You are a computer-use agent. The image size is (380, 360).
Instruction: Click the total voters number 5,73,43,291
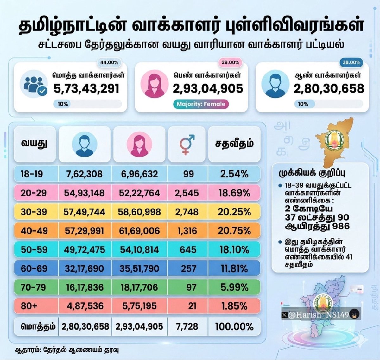pos(86,88)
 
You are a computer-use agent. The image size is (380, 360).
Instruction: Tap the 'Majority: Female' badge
pos(201,104)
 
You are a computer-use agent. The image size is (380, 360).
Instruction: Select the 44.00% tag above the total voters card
pos(109,62)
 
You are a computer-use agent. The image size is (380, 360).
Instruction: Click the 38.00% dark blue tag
pos(351,62)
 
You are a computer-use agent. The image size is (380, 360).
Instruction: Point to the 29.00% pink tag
pos(230,62)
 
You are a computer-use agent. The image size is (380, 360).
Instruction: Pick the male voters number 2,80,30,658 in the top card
pos(329,88)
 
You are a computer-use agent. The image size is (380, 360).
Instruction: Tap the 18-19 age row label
pos(32,174)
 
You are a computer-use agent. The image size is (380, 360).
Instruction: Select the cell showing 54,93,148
pos(84,193)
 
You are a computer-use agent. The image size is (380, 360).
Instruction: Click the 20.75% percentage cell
pos(234,231)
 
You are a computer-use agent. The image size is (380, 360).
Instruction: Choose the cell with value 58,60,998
pos(139,212)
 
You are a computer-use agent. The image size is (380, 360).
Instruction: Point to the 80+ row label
pos(29,306)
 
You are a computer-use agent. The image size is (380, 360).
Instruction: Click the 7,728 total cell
pos(188,326)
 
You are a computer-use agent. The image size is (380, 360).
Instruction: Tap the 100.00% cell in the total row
pos(234,326)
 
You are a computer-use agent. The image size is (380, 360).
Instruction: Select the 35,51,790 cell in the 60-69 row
pos(139,269)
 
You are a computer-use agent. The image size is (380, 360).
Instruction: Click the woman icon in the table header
pos(139,145)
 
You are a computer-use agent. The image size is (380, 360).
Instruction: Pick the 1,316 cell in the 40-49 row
pos(188,231)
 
